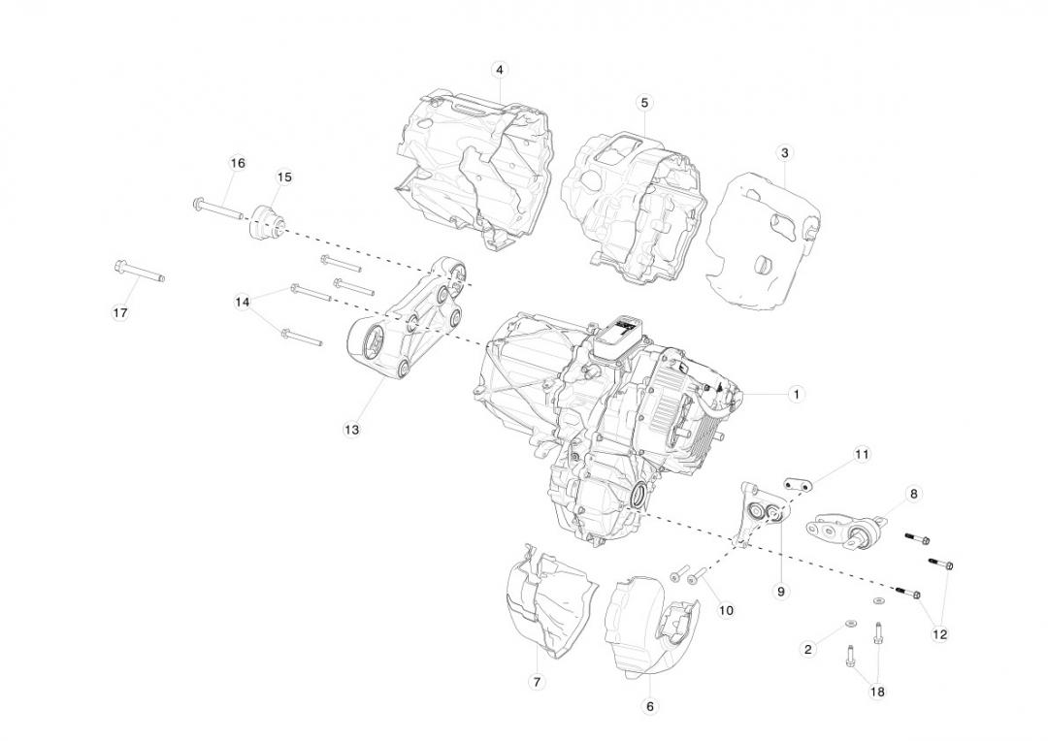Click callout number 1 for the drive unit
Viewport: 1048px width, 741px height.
point(796,394)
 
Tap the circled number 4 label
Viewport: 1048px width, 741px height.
point(500,70)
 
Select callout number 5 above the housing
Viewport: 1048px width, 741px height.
point(644,103)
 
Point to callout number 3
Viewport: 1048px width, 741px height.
point(785,153)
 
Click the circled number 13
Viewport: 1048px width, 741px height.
point(351,430)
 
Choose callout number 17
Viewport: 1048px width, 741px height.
point(120,312)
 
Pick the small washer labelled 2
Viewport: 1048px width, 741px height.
point(850,624)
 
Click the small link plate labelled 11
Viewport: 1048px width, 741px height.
point(798,484)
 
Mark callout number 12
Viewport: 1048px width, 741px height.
point(939,634)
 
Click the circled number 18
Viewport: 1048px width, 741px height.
point(877,693)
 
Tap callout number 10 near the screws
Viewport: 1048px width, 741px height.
point(726,610)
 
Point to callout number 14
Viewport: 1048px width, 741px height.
point(242,302)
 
